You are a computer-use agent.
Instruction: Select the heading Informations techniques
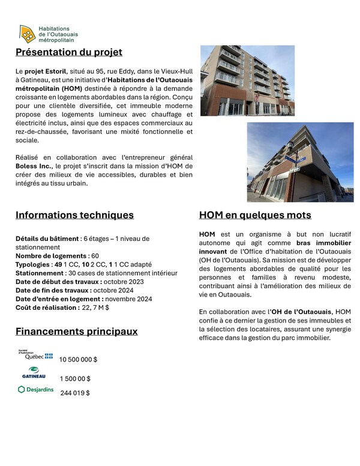coord(74,215)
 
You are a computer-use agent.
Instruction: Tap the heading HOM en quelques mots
coord(255,215)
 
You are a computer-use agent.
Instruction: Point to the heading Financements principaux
coord(76,331)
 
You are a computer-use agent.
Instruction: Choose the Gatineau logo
coord(34,374)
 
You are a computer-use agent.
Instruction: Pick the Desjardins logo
coord(36,390)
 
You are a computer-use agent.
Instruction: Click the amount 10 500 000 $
coord(78,359)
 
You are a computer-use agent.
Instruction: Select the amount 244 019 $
coord(75,393)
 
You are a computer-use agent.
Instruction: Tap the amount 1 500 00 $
coord(75,379)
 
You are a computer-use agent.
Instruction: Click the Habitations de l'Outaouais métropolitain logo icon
coord(26,34)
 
